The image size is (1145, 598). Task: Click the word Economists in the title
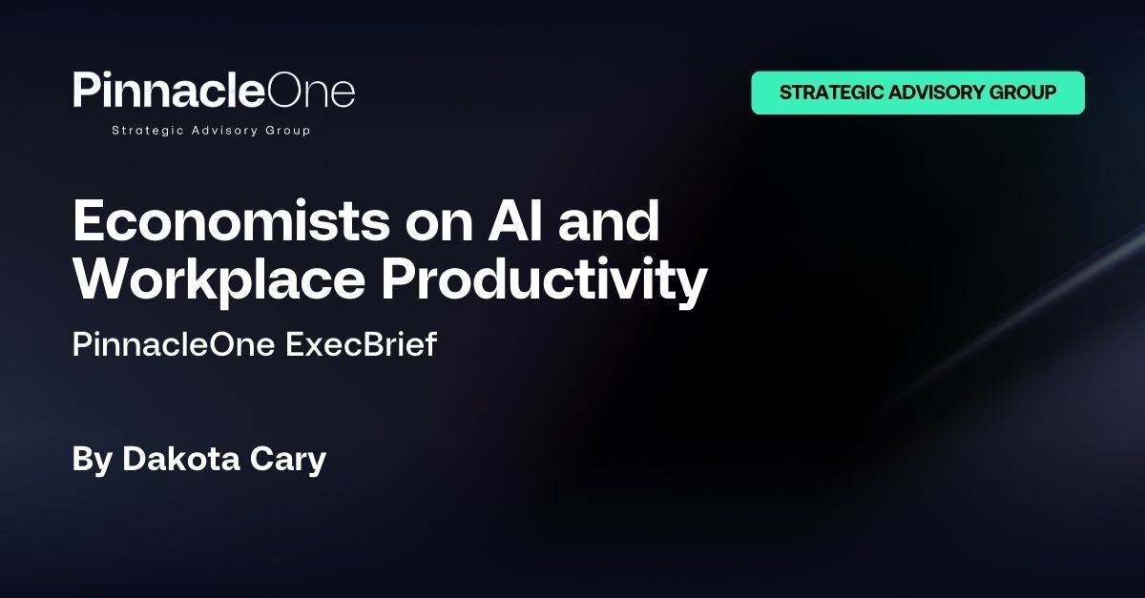pyautogui.click(x=232, y=221)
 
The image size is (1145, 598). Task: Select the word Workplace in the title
pyautogui.click(x=219, y=279)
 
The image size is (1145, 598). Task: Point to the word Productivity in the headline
pyautogui.click(x=545, y=279)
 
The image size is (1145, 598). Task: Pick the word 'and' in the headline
pyautogui.click(x=609, y=221)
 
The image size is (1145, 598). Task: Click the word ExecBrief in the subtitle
pyautogui.click(x=361, y=344)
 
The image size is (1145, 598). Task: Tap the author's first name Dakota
pyautogui.click(x=181, y=459)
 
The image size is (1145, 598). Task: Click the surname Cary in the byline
pyautogui.click(x=288, y=461)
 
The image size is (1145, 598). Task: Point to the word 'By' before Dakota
pyautogui.click(x=92, y=461)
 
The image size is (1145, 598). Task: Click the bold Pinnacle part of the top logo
pyautogui.click(x=169, y=90)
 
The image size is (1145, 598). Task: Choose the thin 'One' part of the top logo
pyautogui.click(x=311, y=92)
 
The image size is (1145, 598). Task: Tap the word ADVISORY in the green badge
pyautogui.click(x=936, y=93)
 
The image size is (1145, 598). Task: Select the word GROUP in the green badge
pyautogui.click(x=1023, y=93)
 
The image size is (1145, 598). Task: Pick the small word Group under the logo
pyautogui.click(x=288, y=131)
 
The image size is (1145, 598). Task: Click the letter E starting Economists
pyautogui.click(x=88, y=221)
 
